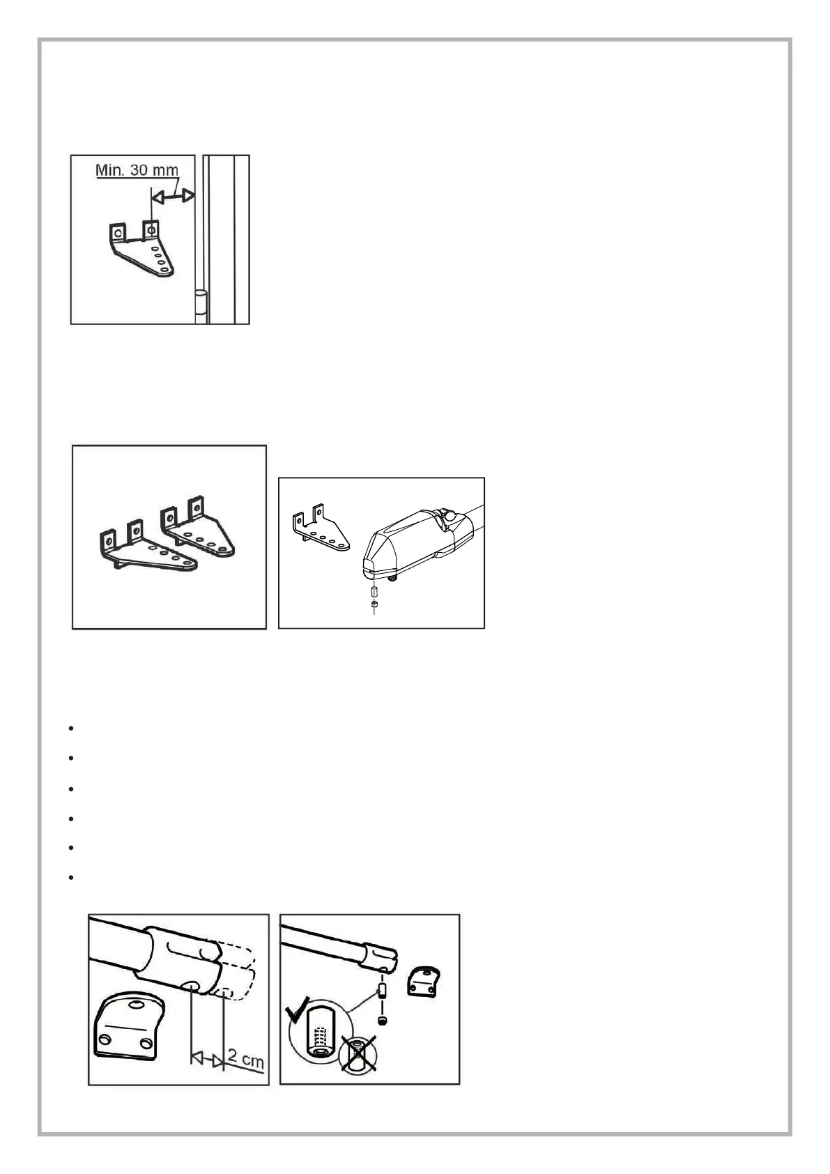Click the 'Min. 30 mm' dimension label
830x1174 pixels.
pyautogui.click(x=137, y=170)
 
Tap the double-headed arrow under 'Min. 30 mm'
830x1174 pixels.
pyautogui.click(x=173, y=198)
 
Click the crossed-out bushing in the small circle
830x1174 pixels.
pyautogui.click(x=358, y=1053)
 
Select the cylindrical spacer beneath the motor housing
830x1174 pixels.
pyautogui.click(x=374, y=591)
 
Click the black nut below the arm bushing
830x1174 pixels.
pyautogui.click(x=383, y=1021)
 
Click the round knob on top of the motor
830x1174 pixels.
pyautogui.click(x=450, y=517)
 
